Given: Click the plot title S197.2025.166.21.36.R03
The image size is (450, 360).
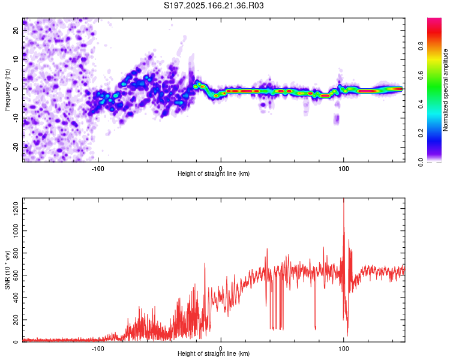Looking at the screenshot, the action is pos(214,5).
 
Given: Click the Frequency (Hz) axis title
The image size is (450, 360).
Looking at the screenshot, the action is pos(7,89).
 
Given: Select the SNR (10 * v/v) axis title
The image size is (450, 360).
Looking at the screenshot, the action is pos(7,270).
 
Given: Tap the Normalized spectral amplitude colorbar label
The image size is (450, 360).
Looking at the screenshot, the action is pos(445,90).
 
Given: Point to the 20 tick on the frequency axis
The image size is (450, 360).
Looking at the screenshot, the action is pos(16,30).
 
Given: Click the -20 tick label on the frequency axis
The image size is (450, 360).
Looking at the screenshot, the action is pos(16,147).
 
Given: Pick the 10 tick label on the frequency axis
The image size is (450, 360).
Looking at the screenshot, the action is pos(16,59).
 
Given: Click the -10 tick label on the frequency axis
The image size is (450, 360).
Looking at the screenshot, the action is pos(16,118).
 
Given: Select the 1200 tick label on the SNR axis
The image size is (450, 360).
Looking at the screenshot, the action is pos(16,209).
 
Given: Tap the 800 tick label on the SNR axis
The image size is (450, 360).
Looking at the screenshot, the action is pos(16,253).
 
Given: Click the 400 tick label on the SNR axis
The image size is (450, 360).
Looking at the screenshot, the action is pos(16,298).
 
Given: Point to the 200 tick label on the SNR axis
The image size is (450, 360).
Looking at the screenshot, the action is pos(16,320).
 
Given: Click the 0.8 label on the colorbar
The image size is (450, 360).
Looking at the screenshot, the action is pos(421,46).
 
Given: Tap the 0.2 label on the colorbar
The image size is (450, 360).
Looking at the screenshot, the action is pos(421,133).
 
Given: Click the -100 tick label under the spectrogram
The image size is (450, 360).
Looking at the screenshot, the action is pos(98,169).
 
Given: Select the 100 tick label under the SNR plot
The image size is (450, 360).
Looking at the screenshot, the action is pos(344,349).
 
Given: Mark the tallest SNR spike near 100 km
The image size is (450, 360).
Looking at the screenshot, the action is pos(344,199).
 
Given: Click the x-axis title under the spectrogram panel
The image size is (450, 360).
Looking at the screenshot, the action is pos(214,173).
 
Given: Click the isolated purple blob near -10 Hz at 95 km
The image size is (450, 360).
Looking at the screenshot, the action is pos(337,119).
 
